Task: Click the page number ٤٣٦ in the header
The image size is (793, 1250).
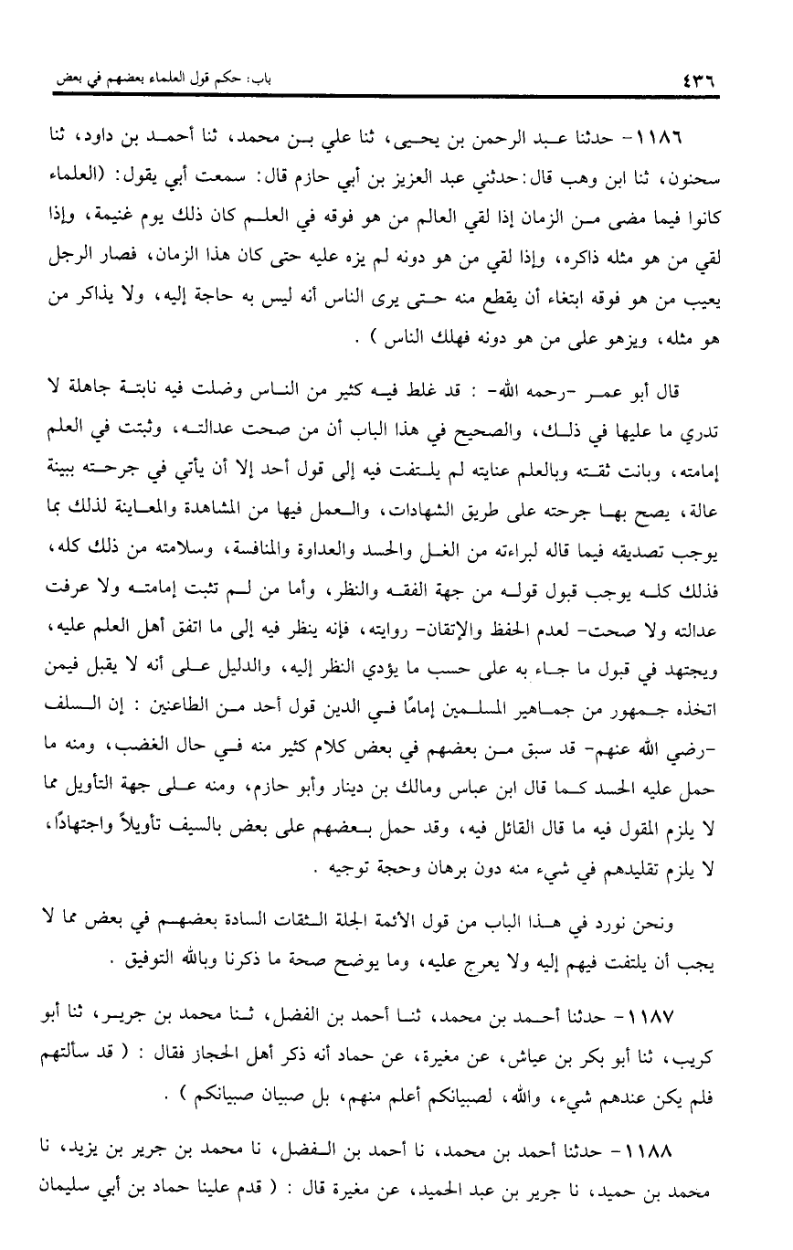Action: tap(700, 79)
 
